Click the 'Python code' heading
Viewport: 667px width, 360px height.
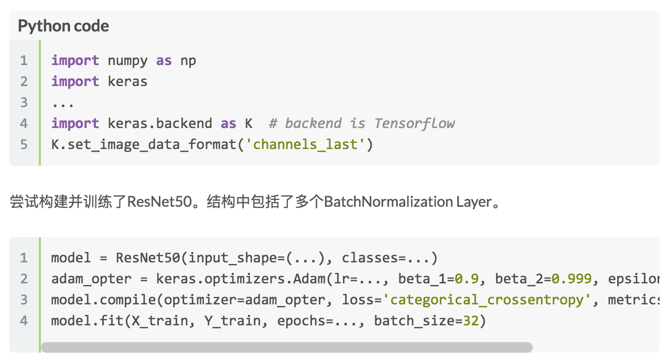[x=63, y=26]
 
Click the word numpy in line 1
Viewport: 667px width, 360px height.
[x=127, y=61]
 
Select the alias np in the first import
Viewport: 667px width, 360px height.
[x=188, y=61]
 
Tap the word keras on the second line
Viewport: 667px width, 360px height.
[x=127, y=81]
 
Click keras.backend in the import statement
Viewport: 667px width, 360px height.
[x=160, y=123]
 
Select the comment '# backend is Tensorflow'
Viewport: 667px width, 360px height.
[x=362, y=123]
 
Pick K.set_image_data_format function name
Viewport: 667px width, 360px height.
[x=144, y=144]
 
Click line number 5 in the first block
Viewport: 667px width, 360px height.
[x=24, y=144]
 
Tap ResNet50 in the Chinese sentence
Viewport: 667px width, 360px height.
[x=159, y=202]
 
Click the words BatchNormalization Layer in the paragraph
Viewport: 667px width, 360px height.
[x=407, y=202]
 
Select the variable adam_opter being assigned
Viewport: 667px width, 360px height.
[x=91, y=279]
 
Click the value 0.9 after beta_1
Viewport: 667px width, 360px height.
[x=467, y=279]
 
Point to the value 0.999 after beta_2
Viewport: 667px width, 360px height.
[x=572, y=279]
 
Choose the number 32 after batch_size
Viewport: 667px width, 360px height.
[x=471, y=321]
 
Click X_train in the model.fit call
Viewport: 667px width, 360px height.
[x=159, y=321]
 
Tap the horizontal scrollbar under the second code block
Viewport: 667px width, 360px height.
[x=287, y=347]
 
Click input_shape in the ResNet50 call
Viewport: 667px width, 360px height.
[x=233, y=258]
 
